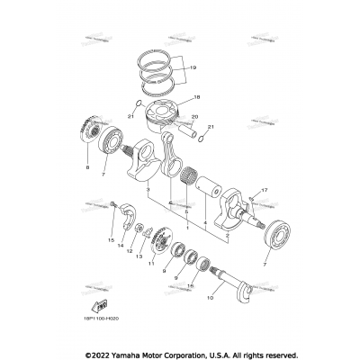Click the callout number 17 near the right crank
coord(265,191)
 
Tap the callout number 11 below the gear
coord(152,263)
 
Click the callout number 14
coord(121,256)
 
